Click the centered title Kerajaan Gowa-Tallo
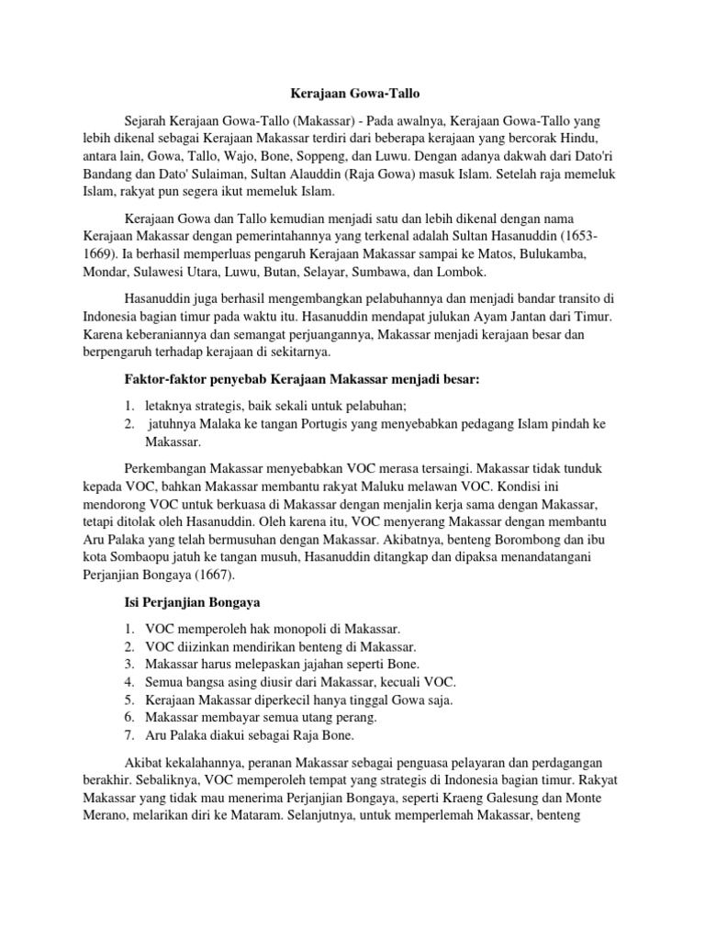352,93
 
